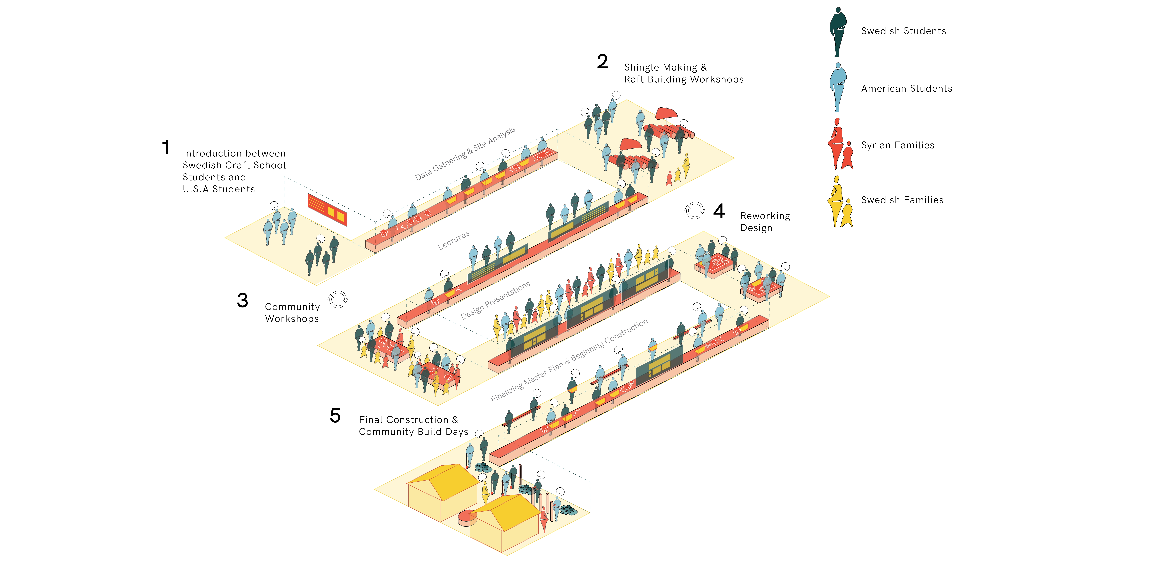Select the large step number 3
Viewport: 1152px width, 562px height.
[x=242, y=300]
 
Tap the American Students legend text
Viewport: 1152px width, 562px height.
[x=907, y=89]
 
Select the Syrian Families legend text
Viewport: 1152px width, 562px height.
[x=898, y=145]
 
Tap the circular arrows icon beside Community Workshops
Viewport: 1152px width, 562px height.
[x=338, y=300]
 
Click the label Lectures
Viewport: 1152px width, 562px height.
[x=453, y=240]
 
